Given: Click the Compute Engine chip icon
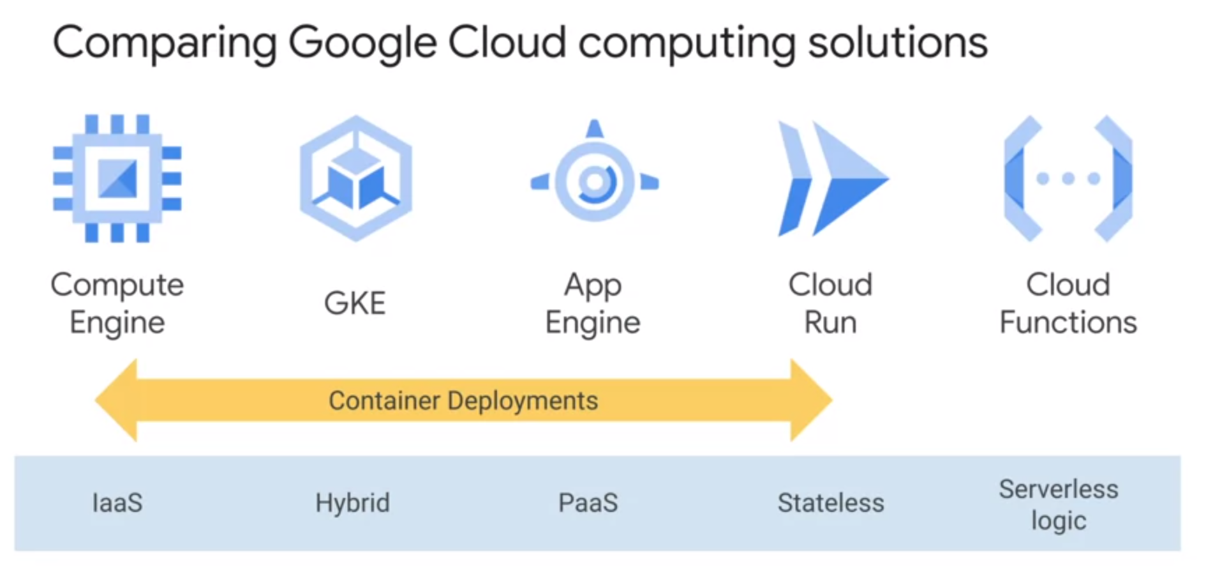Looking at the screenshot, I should point(117,179).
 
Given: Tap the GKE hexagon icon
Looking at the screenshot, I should point(356,179).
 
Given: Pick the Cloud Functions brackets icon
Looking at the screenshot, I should point(1068,179).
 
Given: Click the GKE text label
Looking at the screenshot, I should point(355,303).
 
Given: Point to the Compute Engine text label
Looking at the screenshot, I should point(117,303).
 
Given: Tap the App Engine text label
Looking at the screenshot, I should point(593,303).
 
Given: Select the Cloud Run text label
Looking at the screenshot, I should point(831,303).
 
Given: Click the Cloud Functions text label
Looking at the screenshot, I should point(1068,303).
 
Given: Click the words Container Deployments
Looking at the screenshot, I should point(463,401).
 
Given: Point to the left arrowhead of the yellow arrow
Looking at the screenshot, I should point(117,400).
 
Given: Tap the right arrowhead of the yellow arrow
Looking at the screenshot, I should point(811,400).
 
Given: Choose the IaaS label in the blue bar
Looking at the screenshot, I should point(117,503).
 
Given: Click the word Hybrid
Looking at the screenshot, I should point(352,503).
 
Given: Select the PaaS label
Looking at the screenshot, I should point(588,503).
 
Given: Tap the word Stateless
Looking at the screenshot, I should point(831,503).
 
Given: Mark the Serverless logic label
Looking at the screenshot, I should point(1058,505).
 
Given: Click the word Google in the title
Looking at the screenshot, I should point(362,43).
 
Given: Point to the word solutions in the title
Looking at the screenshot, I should point(898,43).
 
